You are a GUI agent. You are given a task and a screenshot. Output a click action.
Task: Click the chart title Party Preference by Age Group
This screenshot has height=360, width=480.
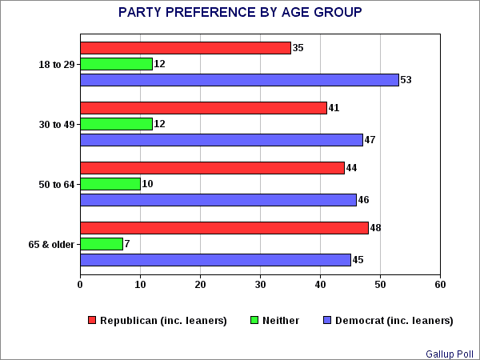point(239,13)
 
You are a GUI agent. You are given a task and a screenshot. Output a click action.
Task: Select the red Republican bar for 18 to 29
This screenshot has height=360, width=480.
point(186,48)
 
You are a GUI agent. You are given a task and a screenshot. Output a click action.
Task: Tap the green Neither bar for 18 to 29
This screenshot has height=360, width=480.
point(117,64)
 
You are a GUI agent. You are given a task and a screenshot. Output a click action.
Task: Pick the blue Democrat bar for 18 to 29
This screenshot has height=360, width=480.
point(239,79)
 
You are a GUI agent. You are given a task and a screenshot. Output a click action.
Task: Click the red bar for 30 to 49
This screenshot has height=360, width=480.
point(204,108)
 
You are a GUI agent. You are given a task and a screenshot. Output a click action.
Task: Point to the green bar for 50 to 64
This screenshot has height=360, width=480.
point(110,184)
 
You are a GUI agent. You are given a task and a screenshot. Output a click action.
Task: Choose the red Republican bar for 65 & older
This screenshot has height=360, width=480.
point(225,228)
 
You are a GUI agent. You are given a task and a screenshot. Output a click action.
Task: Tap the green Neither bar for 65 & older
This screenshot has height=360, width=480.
point(102,244)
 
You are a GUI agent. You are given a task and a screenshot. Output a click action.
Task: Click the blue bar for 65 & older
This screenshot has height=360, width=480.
point(216,259)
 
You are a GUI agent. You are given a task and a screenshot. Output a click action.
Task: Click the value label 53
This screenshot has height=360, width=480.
point(406,80)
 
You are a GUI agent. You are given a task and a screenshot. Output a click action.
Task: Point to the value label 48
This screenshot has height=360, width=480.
point(376,228)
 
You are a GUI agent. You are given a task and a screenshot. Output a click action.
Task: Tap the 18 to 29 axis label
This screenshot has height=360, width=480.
point(55,64)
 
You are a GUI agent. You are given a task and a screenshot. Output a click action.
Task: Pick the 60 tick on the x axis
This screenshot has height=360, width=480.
point(440,283)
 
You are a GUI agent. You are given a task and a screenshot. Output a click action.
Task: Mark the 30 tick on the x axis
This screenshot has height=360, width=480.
point(260,283)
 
